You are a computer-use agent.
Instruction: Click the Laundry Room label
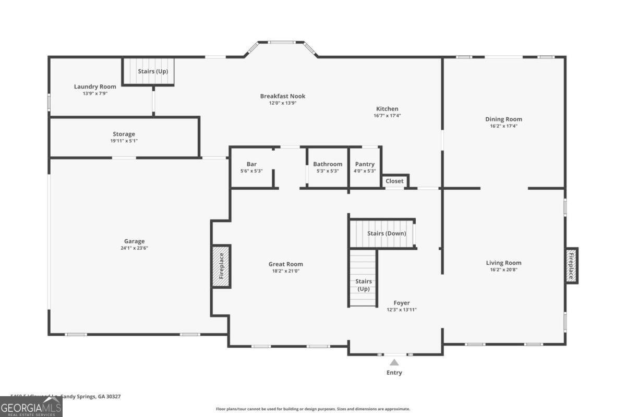[95, 87]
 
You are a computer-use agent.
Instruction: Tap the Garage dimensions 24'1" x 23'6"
[134, 248]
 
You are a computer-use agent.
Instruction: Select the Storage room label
[124, 134]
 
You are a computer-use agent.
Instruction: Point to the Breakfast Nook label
[283, 96]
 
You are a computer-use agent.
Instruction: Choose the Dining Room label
[503, 119]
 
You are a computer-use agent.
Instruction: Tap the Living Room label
[503, 263]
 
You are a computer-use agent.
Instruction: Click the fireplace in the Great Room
[221, 266]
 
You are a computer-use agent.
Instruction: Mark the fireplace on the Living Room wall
[571, 266]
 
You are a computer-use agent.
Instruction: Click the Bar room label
[251, 164]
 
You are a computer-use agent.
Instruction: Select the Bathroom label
[328, 164]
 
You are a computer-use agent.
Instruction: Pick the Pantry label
[365, 164]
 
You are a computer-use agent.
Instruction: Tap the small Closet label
[395, 181]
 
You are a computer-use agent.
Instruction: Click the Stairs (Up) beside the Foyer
[363, 285]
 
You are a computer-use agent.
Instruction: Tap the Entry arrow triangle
[394, 362]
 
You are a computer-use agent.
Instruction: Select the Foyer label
[402, 303]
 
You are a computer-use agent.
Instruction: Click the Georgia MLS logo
[31, 406]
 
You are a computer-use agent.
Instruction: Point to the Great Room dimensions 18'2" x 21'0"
[286, 271]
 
